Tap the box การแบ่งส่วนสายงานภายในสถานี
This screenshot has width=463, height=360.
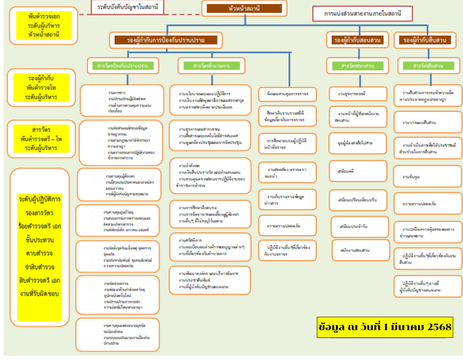362,13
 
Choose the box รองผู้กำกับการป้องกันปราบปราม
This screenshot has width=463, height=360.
166,40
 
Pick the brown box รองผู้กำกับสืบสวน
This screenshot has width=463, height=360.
425,40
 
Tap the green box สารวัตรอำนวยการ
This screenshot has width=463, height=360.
211,66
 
